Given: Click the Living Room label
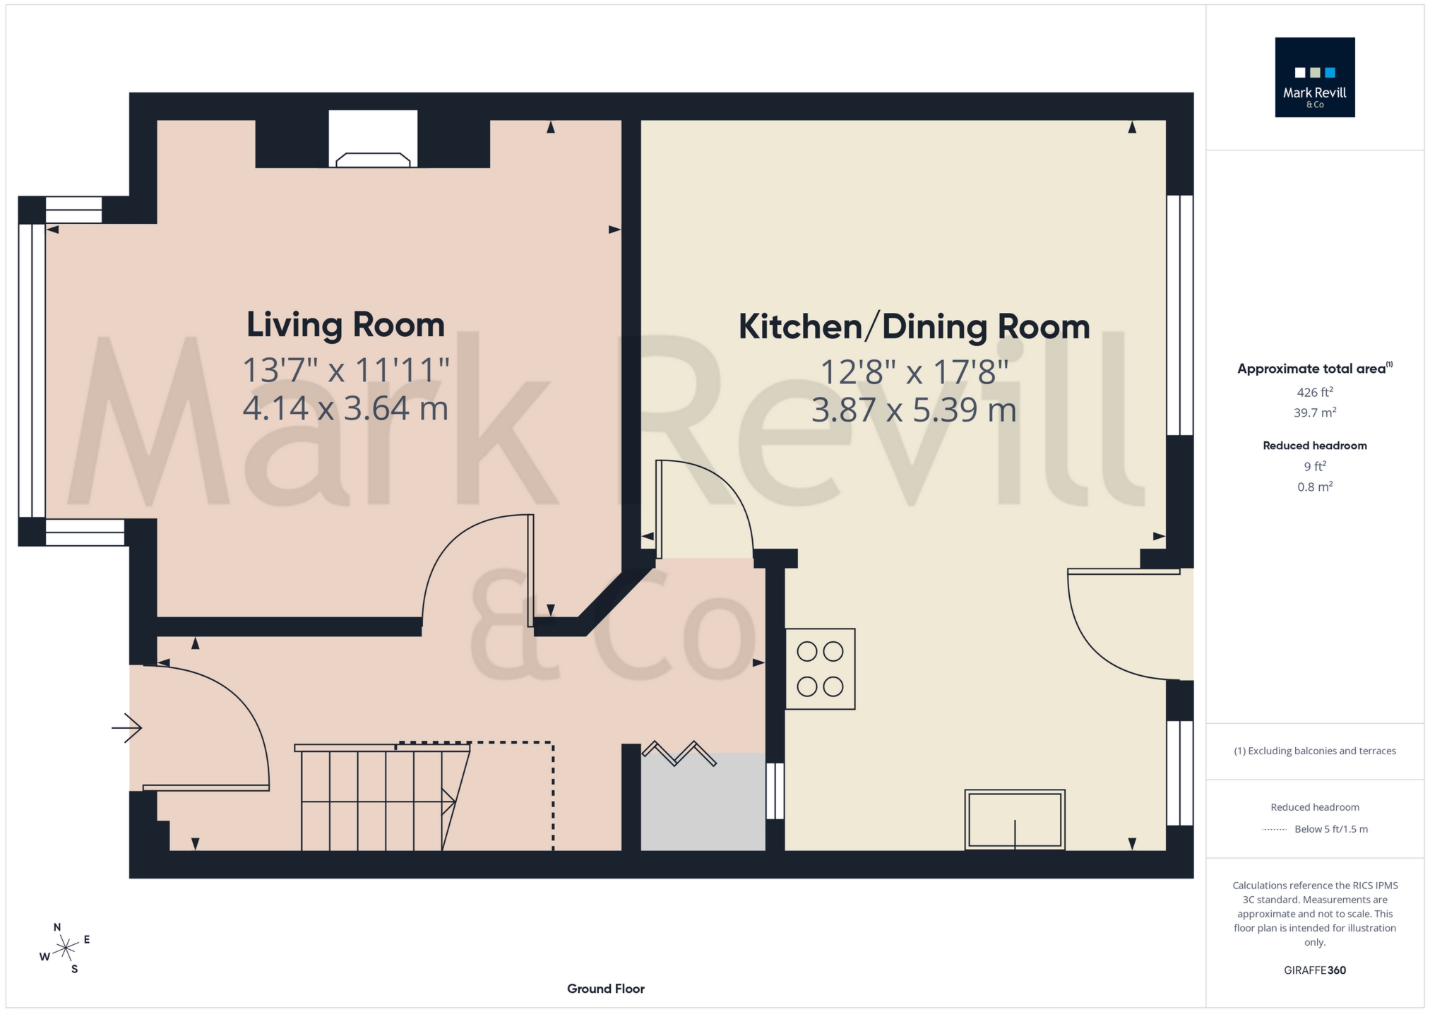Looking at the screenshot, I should click(x=345, y=325).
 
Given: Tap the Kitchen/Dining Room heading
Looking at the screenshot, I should click(x=914, y=327).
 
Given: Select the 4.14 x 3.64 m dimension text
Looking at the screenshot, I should click(x=345, y=408).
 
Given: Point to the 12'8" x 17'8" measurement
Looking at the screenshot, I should click(x=914, y=371).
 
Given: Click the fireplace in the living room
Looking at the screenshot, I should click(x=373, y=141).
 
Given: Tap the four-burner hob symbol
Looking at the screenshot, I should click(x=820, y=669).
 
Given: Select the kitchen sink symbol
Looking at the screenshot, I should click(x=1015, y=819).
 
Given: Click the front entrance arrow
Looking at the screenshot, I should click(x=127, y=727).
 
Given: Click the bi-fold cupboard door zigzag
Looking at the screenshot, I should click(x=678, y=754).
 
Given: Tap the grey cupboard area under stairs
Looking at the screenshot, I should click(x=703, y=805).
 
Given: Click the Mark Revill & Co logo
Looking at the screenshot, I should click(x=1314, y=77).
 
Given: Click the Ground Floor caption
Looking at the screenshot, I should click(x=605, y=989).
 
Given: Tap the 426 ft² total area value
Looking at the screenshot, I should click(x=1314, y=392).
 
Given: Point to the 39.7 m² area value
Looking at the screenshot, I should click(x=1314, y=412).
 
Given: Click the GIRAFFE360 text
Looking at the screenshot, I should click(x=1314, y=970).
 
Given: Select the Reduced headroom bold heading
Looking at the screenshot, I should click(x=1314, y=446).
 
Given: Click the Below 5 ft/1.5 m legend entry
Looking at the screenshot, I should click(x=1330, y=829).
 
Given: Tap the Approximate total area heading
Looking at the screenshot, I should click(x=1311, y=369).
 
